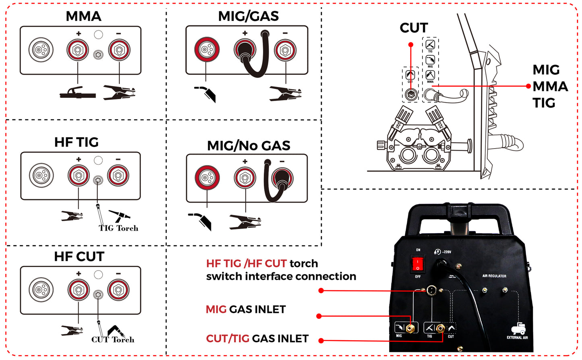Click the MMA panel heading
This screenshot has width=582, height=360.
[83, 16]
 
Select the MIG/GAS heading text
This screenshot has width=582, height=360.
[248, 16]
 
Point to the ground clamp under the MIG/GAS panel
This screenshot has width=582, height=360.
[285, 93]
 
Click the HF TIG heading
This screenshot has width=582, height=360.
[76, 142]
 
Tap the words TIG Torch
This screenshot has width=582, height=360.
[118, 228]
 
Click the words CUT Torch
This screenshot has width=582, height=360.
[113, 339]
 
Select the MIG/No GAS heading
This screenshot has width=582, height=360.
[248, 145]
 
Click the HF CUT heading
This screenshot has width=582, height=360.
[79, 257]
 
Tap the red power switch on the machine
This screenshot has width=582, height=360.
[418, 264]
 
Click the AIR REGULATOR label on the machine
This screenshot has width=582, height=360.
[494, 276]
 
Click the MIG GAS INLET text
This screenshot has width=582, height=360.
[245, 309]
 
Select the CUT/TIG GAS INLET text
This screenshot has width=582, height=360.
[257, 339]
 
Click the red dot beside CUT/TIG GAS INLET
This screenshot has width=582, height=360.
[321, 341]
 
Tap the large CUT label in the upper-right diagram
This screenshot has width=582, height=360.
[413, 28]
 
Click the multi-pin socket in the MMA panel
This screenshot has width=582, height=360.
[41, 50]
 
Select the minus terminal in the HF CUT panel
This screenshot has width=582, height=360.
[118, 290]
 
